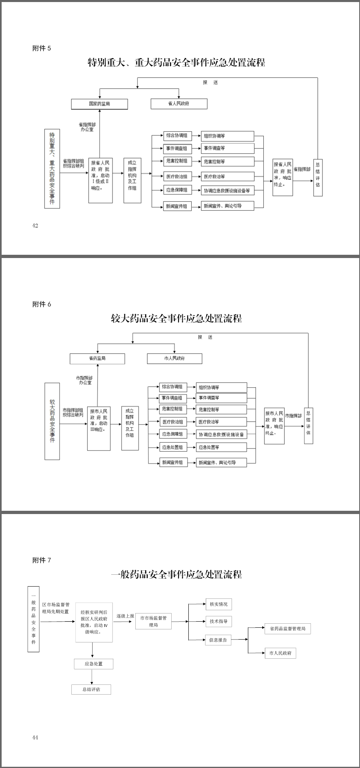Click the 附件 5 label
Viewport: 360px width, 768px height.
(42, 48)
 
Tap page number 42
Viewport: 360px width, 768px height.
(35, 225)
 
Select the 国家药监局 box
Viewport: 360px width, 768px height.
(99, 104)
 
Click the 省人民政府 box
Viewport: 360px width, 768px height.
(179, 104)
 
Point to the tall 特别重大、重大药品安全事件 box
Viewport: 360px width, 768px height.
(52, 168)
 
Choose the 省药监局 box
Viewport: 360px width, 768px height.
(97, 358)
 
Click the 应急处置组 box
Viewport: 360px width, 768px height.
(173, 447)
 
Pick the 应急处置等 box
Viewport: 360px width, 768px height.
(221, 447)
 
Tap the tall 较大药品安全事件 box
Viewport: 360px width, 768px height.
(52, 421)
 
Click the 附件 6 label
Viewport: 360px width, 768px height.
(42, 304)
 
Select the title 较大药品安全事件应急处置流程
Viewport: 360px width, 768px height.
(177, 318)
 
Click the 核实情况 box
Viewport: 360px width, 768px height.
(219, 604)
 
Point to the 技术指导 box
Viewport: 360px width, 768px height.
(219, 621)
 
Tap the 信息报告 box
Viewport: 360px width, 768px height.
(218, 640)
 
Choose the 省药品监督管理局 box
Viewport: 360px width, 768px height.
(287, 629)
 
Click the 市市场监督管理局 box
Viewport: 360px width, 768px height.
(153, 621)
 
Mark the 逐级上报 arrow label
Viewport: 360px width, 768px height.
(125, 616)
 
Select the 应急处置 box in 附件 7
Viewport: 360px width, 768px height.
(93, 664)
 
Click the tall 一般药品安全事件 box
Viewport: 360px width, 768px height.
(33, 619)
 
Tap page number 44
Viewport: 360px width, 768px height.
(35, 737)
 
